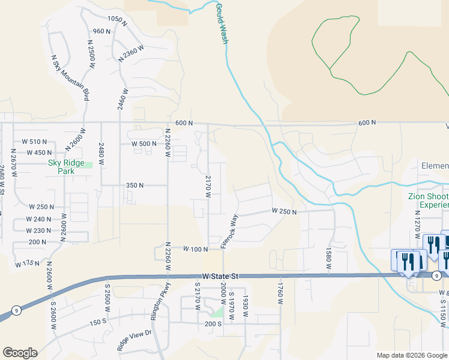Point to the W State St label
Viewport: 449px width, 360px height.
click(x=220, y=275)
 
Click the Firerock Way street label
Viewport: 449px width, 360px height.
click(x=229, y=231)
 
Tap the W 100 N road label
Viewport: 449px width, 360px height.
click(x=195, y=248)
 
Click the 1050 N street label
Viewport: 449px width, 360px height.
click(x=117, y=19)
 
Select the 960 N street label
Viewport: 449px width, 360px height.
click(x=102, y=32)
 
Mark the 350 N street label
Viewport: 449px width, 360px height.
click(x=134, y=185)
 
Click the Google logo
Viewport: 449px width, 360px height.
click(x=20, y=352)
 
